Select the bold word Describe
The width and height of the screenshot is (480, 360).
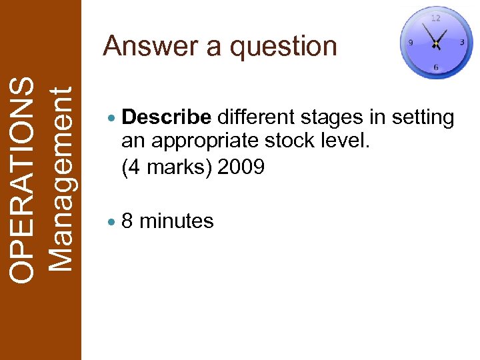click(x=167, y=118)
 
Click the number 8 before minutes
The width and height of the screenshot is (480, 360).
click(x=127, y=221)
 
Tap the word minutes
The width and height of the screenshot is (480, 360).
click(x=177, y=221)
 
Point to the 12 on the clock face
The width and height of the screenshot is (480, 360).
click(x=435, y=18)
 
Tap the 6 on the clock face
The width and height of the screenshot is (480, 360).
click(x=435, y=67)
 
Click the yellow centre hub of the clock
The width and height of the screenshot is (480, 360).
click(x=435, y=44)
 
